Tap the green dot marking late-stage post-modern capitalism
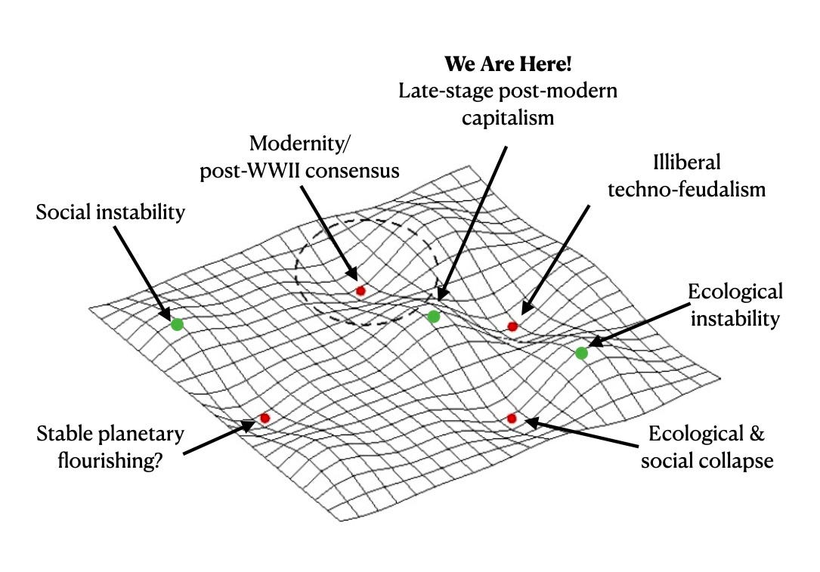click(x=433, y=317)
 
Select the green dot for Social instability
click(x=177, y=324)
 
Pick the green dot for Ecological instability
click(x=581, y=353)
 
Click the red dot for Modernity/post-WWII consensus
click(x=360, y=290)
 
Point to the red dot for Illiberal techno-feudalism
click(x=512, y=326)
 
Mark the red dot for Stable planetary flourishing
click(x=265, y=418)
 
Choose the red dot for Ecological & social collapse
click(x=512, y=418)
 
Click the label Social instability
click(x=110, y=212)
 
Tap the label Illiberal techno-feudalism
click(x=686, y=175)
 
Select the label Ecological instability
click(x=735, y=305)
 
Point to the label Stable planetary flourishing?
click(x=110, y=447)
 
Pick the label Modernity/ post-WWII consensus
click(x=299, y=156)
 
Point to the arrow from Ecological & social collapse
click(x=582, y=431)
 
